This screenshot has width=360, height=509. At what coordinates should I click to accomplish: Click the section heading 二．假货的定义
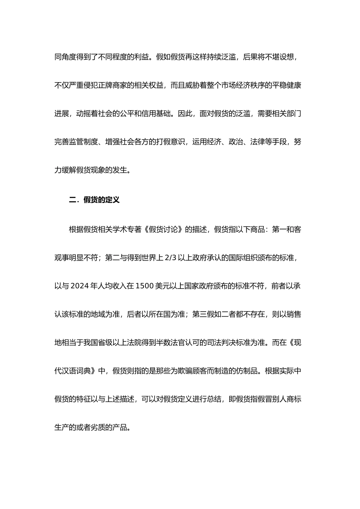(x=94, y=200)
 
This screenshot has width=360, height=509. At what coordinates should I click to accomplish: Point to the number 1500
(x=144, y=286)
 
